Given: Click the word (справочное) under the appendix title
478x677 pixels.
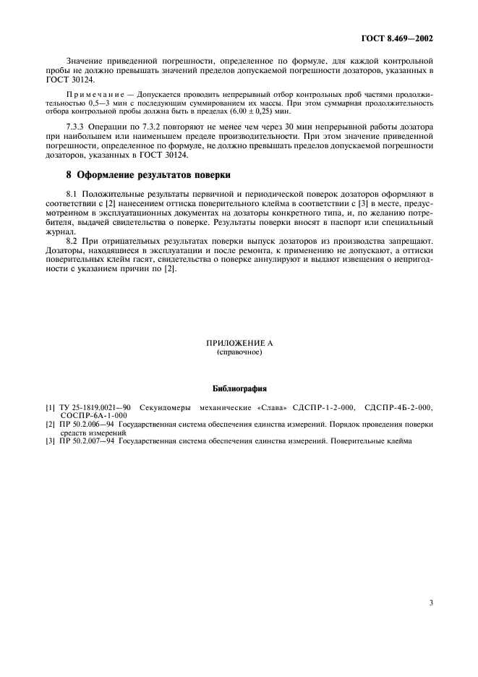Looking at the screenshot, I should [239, 353].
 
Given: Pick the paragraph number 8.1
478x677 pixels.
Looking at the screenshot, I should [72, 195].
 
